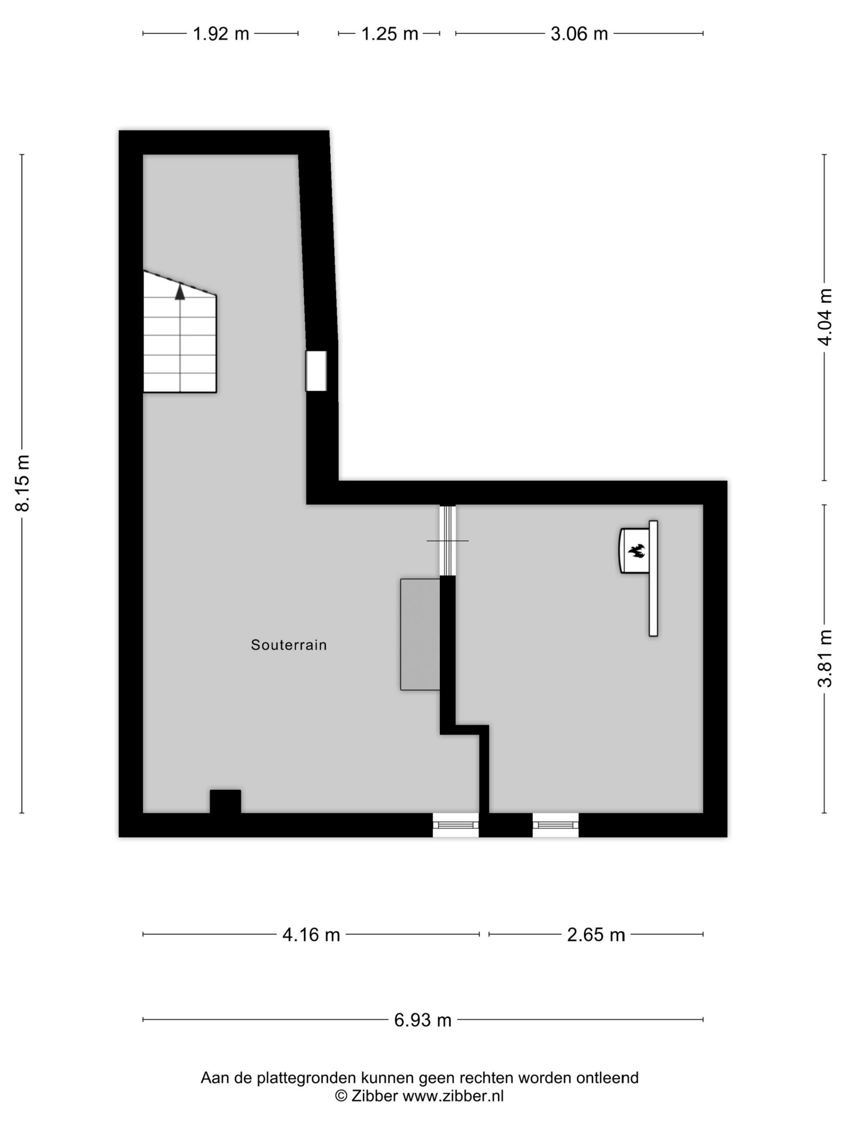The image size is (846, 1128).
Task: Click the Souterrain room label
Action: point(288,645)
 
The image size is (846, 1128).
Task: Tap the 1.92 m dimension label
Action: point(221,34)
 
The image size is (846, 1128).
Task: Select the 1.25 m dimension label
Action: point(390,34)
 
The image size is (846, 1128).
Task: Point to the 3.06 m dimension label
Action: point(579,34)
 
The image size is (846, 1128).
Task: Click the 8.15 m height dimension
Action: point(23,483)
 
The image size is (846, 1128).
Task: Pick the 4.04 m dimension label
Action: point(824,317)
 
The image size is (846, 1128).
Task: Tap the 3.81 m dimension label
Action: point(824,659)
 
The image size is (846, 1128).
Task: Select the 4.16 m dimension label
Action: point(311,935)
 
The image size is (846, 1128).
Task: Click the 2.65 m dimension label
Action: point(596,935)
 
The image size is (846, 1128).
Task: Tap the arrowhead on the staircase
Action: point(180,292)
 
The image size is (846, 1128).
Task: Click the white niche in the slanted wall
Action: point(316,371)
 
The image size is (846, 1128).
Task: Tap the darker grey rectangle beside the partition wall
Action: point(420,634)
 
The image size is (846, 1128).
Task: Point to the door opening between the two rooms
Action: point(448,540)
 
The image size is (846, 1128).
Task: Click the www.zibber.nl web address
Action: point(453,1095)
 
